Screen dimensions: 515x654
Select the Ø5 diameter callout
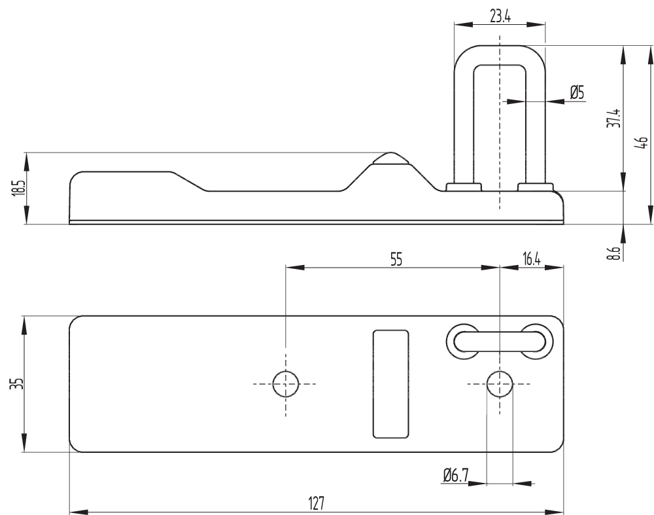pyautogui.click(x=577, y=93)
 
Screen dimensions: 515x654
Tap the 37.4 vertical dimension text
pyautogui.click(x=613, y=118)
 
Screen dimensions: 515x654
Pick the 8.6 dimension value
pyautogui.click(x=613, y=252)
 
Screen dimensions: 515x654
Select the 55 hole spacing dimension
pyautogui.click(x=396, y=259)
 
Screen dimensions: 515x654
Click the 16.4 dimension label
pyautogui.click(x=531, y=259)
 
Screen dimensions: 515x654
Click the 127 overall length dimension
pyautogui.click(x=317, y=503)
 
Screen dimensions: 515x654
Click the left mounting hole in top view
pyautogui.click(x=285, y=383)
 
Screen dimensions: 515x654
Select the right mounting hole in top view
pyautogui.click(x=500, y=383)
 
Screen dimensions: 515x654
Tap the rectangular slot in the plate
pyautogui.click(x=390, y=383)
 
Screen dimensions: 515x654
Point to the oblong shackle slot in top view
pyautogui.click(x=500, y=341)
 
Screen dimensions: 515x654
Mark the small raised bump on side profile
pyautogui.click(x=388, y=158)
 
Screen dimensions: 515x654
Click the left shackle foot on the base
pyautogui.click(x=464, y=187)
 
